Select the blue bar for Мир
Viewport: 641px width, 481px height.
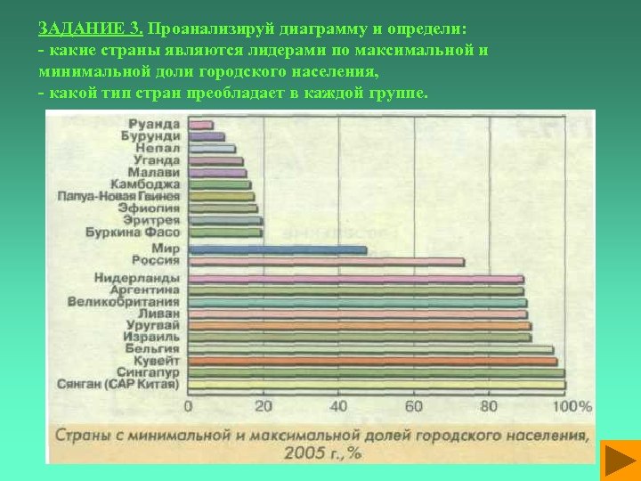tap(277, 250)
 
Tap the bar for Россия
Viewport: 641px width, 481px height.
tap(326, 262)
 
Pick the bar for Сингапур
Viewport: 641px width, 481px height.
tap(376, 373)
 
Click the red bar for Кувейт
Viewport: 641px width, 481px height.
tap(372, 362)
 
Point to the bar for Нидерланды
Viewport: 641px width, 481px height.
tap(356, 279)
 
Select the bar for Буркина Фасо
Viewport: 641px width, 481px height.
tap(225, 232)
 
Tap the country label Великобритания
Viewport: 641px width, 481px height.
tap(124, 302)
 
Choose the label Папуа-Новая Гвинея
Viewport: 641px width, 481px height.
tap(118, 196)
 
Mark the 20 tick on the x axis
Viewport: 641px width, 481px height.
tap(264, 406)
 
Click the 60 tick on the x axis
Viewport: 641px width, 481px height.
tap(413, 406)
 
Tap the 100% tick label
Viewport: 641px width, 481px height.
tap(572, 406)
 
